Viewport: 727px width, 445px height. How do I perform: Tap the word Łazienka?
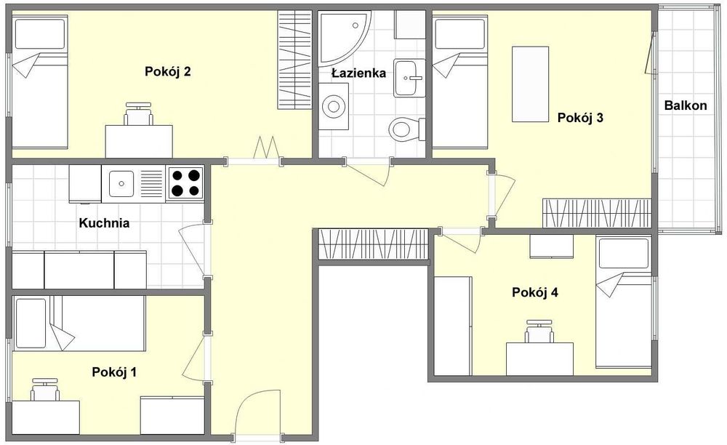pyautogui.click(x=359, y=73)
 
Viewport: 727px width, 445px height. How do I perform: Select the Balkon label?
pyautogui.click(x=686, y=105)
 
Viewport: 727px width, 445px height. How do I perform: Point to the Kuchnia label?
pyautogui.click(x=104, y=223)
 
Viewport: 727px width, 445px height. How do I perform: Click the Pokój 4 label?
pyautogui.click(x=534, y=292)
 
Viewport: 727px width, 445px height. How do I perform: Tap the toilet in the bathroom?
pyautogui.click(x=407, y=129)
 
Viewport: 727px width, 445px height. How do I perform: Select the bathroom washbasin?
pyautogui.click(x=409, y=78)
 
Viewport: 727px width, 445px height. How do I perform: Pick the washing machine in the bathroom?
pyautogui.click(x=334, y=107)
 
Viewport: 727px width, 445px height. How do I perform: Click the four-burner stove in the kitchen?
pyautogui.click(x=185, y=183)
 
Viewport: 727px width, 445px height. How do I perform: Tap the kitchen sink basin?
pyautogui.click(x=121, y=183)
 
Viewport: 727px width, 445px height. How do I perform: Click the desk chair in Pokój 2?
pyautogui.click(x=139, y=114)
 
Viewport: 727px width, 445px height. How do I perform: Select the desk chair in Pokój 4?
pyautogui.click(x=539, y=332)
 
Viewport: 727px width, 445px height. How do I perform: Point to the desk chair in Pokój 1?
pyautogui.click(x=45, y=390)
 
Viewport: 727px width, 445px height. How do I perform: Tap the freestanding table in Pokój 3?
pyautogui.click(x=531, y=84)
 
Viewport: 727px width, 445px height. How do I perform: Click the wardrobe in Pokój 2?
pyautogui.click(x=294, y=60)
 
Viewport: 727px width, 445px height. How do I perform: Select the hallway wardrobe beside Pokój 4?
pyautogui.click(x=373, y=244)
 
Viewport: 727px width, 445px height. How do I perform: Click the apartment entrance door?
pyautogui.click(x=258, y=412)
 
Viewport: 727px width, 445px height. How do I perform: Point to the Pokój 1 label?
pyautogui.click(x=114, y=372)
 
